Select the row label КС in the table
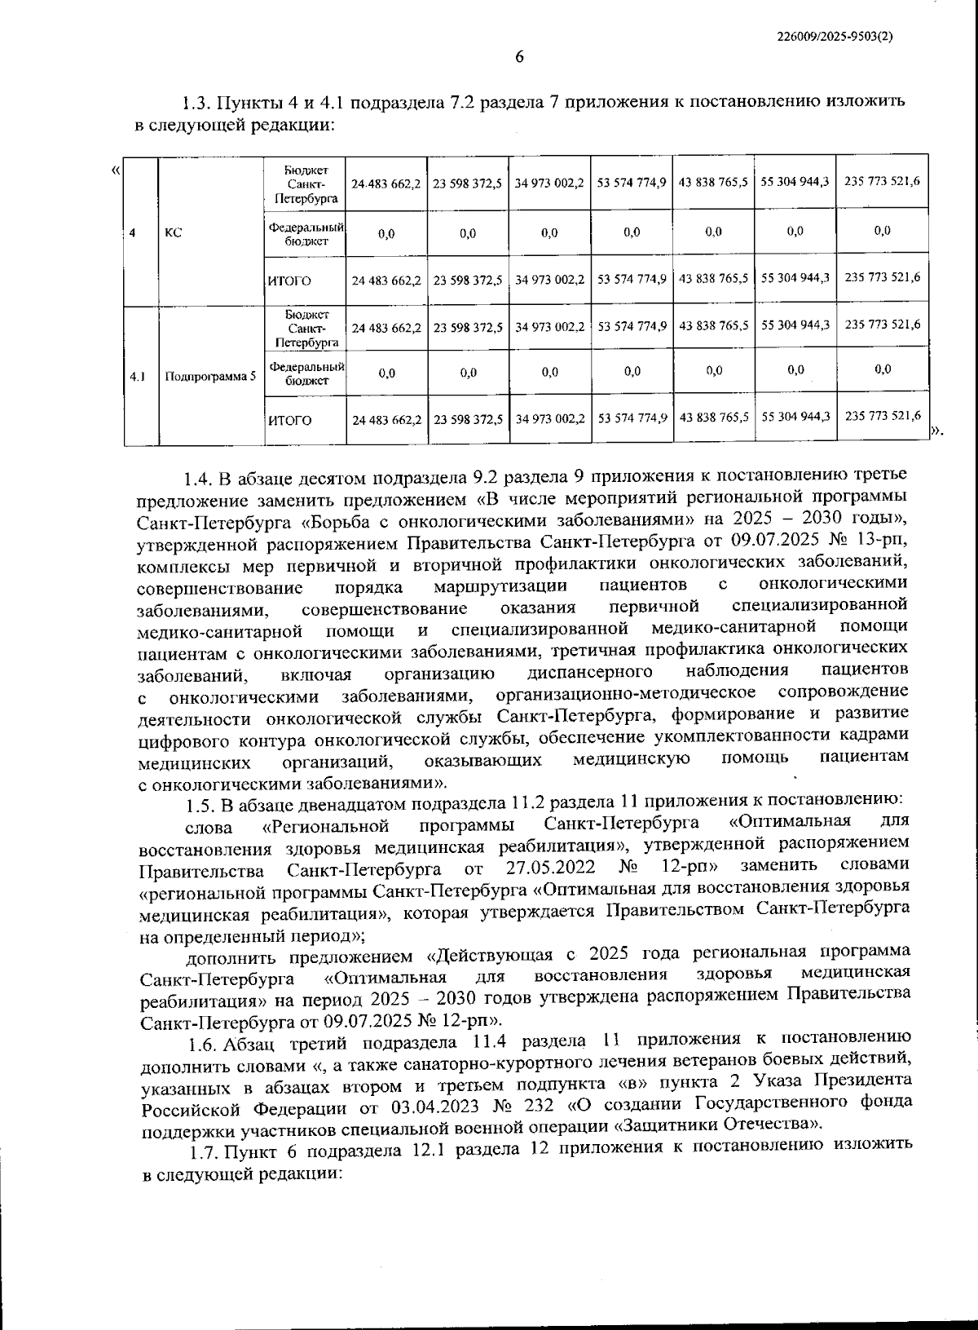pos(173,232)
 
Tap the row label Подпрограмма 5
pos(210,377)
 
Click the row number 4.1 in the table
pos(138,377)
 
